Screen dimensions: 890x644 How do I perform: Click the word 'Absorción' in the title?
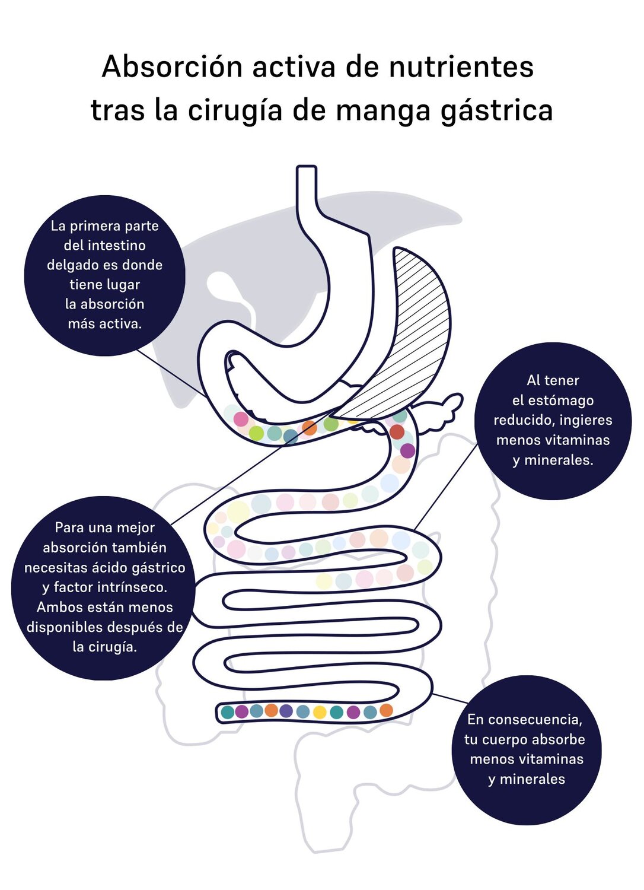click(172, 66)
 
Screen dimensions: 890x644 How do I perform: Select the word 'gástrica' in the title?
click(497, 111)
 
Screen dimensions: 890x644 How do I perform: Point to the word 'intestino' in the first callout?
click(116, 245)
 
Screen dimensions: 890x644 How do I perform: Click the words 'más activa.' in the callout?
click(104, 324)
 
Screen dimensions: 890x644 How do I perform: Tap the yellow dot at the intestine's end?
click(320, 712)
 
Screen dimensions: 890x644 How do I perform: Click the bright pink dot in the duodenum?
click(241, 419)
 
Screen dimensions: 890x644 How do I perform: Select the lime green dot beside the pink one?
click(256, 433)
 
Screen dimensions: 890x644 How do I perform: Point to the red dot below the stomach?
click(397, 431)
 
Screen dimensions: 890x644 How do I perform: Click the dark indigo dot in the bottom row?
click(286, 711)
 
